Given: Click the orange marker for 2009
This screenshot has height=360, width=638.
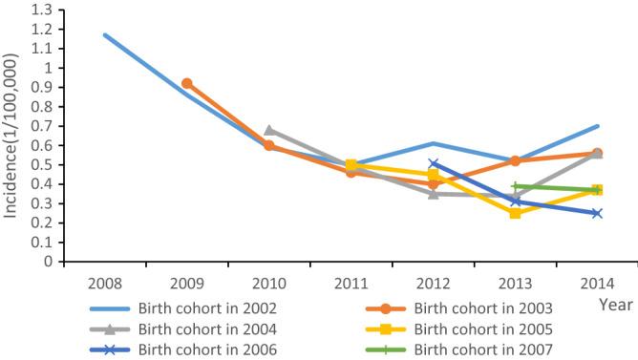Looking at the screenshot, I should (x=187, y=84).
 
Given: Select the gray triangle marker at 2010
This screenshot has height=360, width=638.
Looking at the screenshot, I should (x=269, y=130).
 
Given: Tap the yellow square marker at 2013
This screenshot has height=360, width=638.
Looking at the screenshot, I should (x=515, y=213).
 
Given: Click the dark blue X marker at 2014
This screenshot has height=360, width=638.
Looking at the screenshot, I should (x=597, y=213).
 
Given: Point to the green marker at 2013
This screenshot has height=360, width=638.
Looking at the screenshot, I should (x=515, y=186).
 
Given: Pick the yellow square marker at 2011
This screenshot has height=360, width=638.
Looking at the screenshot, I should (x=351, y=165).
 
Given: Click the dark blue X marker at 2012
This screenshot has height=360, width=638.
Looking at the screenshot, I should (x=434, y=164).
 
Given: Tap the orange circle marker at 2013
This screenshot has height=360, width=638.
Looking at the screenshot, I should (x=515, y=161).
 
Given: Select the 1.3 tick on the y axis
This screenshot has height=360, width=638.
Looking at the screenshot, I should (x=42, y=10).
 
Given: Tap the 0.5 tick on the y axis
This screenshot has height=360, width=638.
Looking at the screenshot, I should (x=42, y=165).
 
